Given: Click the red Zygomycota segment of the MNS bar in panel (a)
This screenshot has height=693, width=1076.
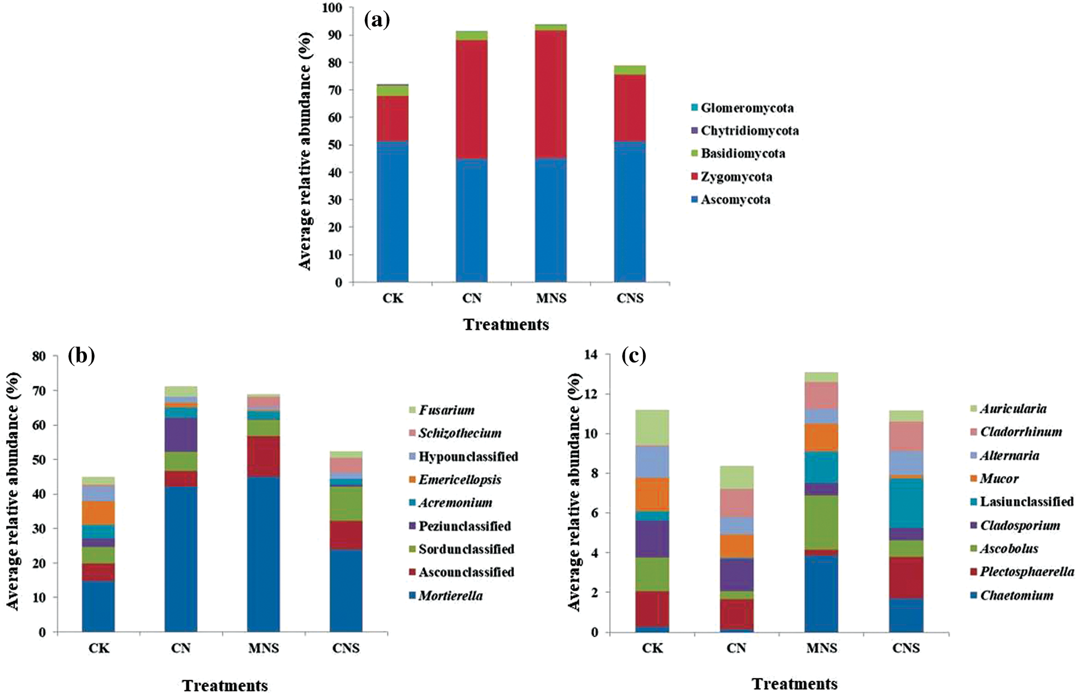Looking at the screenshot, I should pos(550,94).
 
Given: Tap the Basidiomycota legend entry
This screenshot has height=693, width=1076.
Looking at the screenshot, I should pos(743,153).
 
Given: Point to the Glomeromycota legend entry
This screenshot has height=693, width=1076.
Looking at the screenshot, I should pos(746,108).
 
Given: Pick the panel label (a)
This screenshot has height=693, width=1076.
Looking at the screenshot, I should pos(377,20).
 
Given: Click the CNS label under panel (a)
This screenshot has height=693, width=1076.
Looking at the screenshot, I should pos(630,298).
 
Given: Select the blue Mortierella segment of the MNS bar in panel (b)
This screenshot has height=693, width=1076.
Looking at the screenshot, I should pos(263,554).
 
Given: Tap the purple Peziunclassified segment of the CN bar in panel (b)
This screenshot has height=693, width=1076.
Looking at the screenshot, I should pos(181,435).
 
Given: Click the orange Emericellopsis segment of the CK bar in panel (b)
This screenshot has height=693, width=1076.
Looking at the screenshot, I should pos(99,513).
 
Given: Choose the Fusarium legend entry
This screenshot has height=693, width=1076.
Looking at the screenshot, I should pos(446,410).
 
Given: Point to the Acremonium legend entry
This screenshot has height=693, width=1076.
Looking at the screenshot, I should pos(455,503).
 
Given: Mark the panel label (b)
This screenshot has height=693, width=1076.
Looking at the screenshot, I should pos(81,355).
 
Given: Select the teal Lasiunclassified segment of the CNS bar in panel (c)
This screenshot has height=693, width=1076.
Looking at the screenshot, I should pos(906,503).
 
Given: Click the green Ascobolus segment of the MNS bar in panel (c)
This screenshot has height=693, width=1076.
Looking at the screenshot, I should pos(821,522).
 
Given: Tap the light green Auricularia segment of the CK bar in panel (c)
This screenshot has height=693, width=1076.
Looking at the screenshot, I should pos(652,427).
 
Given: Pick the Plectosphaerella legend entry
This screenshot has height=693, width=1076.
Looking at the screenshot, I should pos(1026,572).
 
